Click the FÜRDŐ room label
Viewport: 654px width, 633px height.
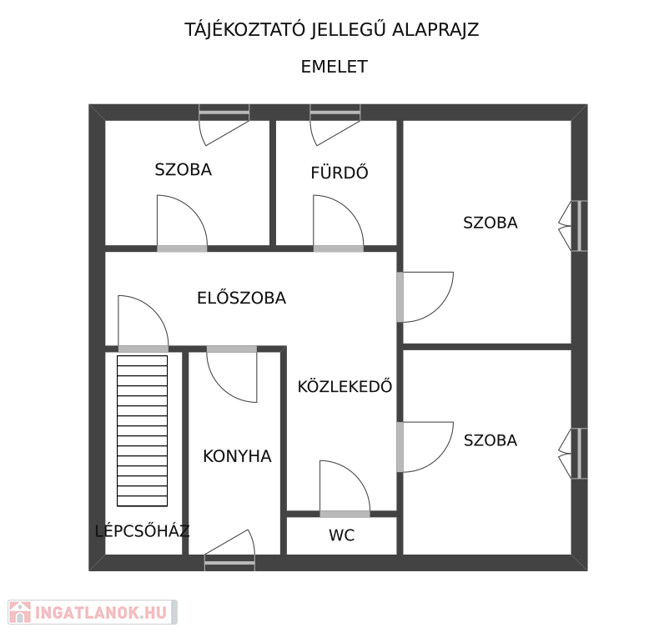[340, 172]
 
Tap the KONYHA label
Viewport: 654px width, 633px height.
[237, 456]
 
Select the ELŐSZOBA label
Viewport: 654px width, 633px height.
[242, 297]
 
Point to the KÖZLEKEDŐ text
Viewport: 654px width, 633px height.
[345, 386]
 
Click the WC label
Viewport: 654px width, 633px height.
[342, 535]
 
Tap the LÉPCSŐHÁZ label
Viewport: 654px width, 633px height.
[142, 530]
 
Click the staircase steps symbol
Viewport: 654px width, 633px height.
[142, 430]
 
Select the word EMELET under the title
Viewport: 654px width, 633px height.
[334, 67]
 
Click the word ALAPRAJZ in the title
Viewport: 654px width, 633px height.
[435, 30]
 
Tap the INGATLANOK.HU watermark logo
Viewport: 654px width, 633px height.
[93, 612]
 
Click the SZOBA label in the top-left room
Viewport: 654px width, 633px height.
[184, 169]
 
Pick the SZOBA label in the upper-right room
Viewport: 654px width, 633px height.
[490, 222]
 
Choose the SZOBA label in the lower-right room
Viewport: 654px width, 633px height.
[490, 440]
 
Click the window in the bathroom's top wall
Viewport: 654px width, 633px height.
[335, 113]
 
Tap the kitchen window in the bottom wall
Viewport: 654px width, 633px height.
[230, 563]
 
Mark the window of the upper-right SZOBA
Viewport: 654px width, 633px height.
[579, 225]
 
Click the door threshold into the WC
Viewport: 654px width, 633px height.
[345, 514]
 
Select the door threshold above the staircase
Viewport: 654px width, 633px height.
[143, 349]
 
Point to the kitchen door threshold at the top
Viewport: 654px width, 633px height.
[232, 349]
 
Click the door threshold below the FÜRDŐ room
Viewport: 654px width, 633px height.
[339, 249]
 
